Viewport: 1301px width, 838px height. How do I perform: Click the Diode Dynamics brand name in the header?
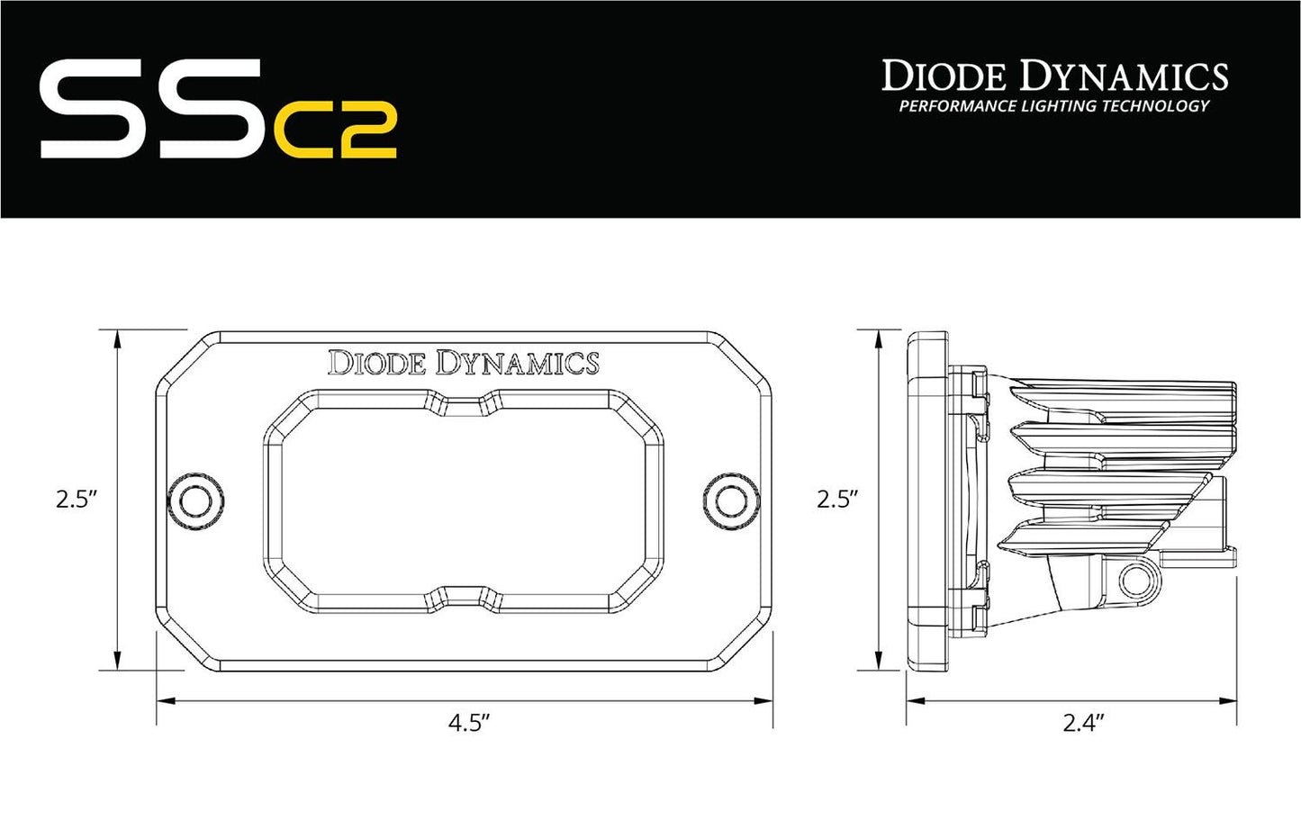tap(1054, 77)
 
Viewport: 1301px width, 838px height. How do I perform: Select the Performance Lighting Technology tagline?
tap(1053, 106)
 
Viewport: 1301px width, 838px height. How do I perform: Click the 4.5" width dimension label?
tap(469, 723)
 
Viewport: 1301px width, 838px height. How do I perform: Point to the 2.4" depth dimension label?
tap(1083, 723)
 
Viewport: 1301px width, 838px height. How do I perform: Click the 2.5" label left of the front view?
tap(77, 500)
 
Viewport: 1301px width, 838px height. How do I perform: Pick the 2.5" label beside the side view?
tap(837, 500)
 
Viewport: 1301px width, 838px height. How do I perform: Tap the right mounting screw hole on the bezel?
tap(727, 500)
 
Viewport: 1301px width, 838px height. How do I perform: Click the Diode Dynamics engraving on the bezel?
tap(463, 363)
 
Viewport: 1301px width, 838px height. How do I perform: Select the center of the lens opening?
tap(464, 500)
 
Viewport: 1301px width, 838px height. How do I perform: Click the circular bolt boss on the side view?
tap(1131, 579)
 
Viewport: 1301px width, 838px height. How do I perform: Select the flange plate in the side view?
tap(927, 500)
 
